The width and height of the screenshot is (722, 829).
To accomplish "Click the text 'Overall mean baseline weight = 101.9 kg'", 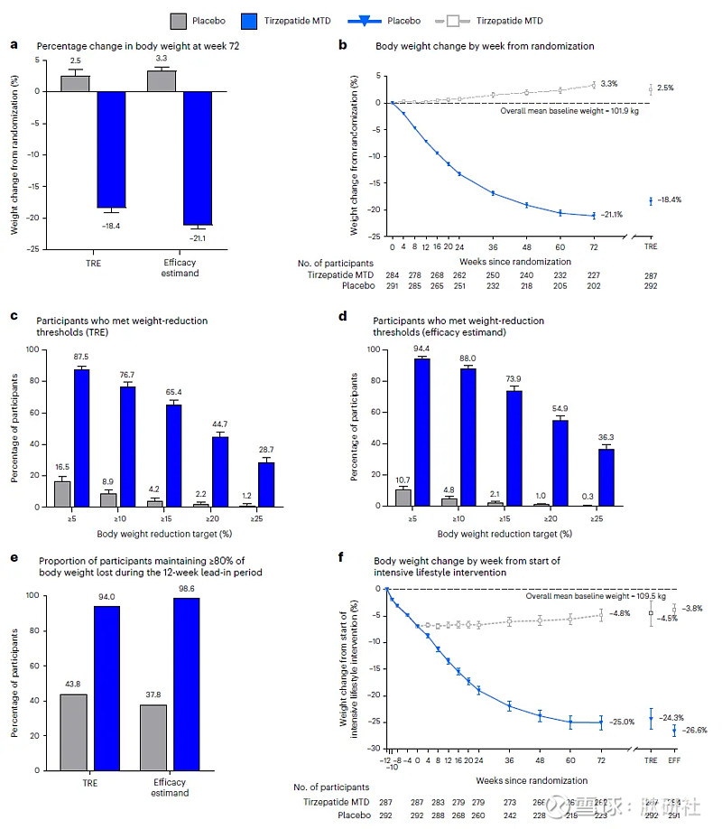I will tap(565, 109).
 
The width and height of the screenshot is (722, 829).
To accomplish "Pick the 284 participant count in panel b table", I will tap(392, 275).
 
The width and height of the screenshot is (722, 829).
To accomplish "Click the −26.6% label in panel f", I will tap(696, 730).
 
